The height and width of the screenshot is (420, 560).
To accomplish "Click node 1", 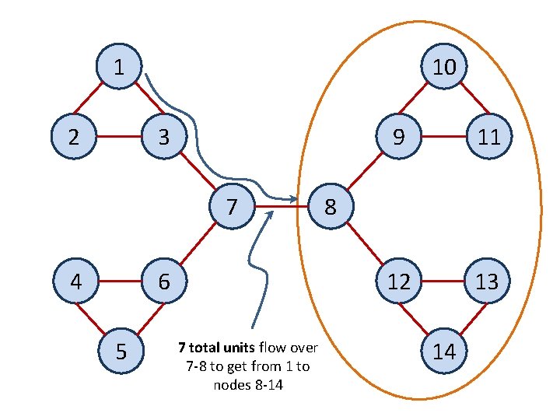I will pos(118,68).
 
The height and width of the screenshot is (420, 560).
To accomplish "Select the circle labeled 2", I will pos(73,138).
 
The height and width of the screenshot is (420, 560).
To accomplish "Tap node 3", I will pos(163,138).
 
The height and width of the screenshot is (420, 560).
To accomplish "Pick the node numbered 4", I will pos(75,281).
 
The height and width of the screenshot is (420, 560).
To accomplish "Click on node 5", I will pos(121,351).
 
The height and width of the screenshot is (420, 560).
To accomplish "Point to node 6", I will pos(163,281).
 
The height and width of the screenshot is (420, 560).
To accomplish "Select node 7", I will pos(232,208).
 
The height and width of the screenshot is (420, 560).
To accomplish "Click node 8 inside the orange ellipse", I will pos(331,208).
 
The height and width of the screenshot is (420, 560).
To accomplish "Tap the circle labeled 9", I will pos(398,138).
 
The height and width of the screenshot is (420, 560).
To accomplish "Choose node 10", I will pos(444,68).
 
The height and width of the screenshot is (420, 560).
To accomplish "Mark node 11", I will pos(488,138).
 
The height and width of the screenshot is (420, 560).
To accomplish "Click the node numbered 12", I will pos(399,281).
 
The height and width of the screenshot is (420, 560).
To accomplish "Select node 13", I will pos(487,281).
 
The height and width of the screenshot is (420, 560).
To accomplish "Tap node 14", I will pos(444,351).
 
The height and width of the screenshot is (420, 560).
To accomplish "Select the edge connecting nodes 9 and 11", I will pos(443,138).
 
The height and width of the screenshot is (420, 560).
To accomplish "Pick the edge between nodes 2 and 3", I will pos(117,138).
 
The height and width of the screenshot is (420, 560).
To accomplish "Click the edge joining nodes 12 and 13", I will pos(443,281).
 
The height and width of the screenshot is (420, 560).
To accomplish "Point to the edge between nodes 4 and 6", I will pos(119,281).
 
